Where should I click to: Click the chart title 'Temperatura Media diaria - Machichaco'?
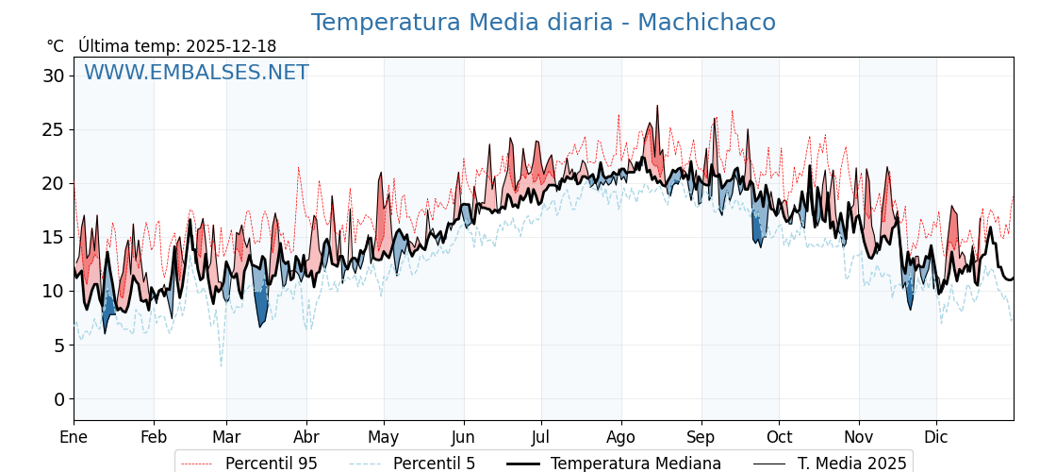543,23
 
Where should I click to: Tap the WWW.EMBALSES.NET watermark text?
196,73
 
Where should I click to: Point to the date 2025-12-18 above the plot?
231,46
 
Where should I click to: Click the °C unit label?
55,46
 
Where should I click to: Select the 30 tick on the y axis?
53,76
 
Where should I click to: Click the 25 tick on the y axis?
53,129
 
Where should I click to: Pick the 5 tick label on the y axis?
58,346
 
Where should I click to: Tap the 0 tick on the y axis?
58,399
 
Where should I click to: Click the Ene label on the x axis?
74,437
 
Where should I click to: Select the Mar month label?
226,437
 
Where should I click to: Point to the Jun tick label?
463,437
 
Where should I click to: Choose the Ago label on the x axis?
620,437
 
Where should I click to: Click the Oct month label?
779,437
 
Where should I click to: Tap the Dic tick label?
936,437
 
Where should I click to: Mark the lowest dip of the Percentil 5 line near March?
222,366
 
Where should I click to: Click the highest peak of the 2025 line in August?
657,106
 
